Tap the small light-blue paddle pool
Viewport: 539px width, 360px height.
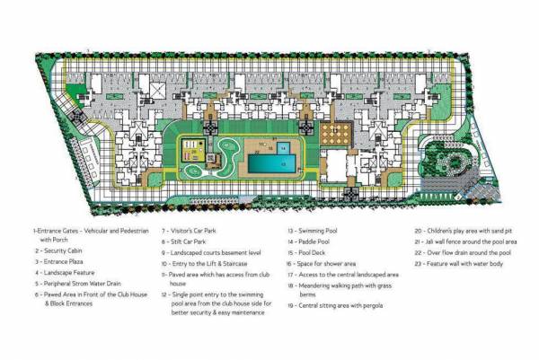point(283,146)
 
